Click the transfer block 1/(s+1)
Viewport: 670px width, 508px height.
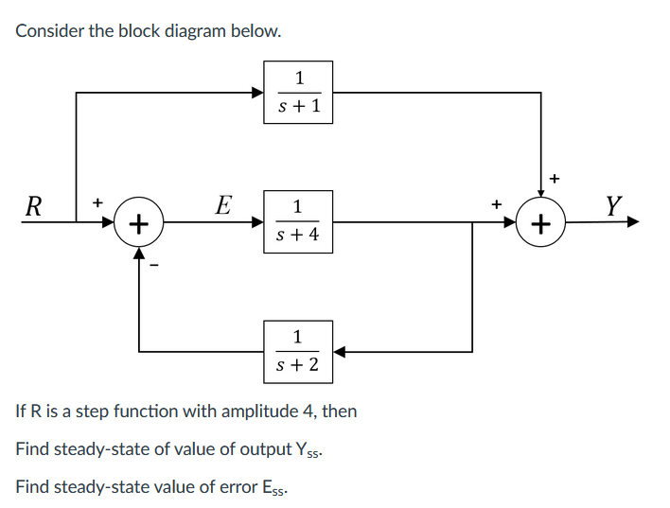pos(298,92)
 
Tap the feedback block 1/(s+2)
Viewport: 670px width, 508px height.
pos(298,350)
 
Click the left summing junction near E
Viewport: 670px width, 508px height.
pos(139,224)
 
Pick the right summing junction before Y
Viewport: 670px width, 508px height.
pos(540,224)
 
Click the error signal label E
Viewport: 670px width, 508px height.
pos(223,205)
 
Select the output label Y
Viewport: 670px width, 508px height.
pos(614,205)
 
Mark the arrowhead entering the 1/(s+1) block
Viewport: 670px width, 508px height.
pos(257,93)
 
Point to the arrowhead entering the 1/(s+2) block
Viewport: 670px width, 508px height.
pos(339,351)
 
